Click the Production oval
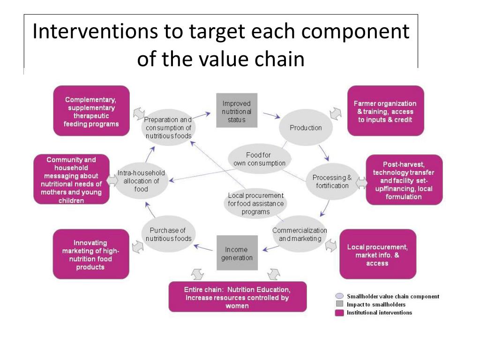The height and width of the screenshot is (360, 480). coord(306,127)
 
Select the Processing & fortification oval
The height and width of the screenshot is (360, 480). coord(332,181)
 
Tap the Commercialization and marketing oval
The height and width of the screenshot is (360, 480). coord(300,234)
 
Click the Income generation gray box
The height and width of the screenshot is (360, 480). coord(237,253)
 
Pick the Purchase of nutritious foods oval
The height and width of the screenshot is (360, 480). coord(168,234)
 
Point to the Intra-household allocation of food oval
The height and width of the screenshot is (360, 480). coord(141,181)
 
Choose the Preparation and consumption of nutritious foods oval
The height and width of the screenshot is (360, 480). coord(168,127)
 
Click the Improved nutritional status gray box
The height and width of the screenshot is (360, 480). coord(237,111)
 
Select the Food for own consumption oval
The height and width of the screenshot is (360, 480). coord(259,159)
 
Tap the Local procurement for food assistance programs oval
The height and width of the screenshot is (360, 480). coord(255,203)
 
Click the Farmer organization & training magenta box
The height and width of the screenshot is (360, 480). coord(385,111)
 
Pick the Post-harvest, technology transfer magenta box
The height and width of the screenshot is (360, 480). coord(404,180)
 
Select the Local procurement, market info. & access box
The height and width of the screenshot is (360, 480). coord(377,254)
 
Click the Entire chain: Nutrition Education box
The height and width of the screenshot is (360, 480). coord(237,297)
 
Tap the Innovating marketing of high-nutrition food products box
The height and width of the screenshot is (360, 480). coord(90,254)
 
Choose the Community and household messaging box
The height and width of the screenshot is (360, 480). coord(71,180)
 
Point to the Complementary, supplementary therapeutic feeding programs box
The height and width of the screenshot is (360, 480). coord(91,111)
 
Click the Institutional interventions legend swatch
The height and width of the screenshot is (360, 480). coord(339,313)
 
